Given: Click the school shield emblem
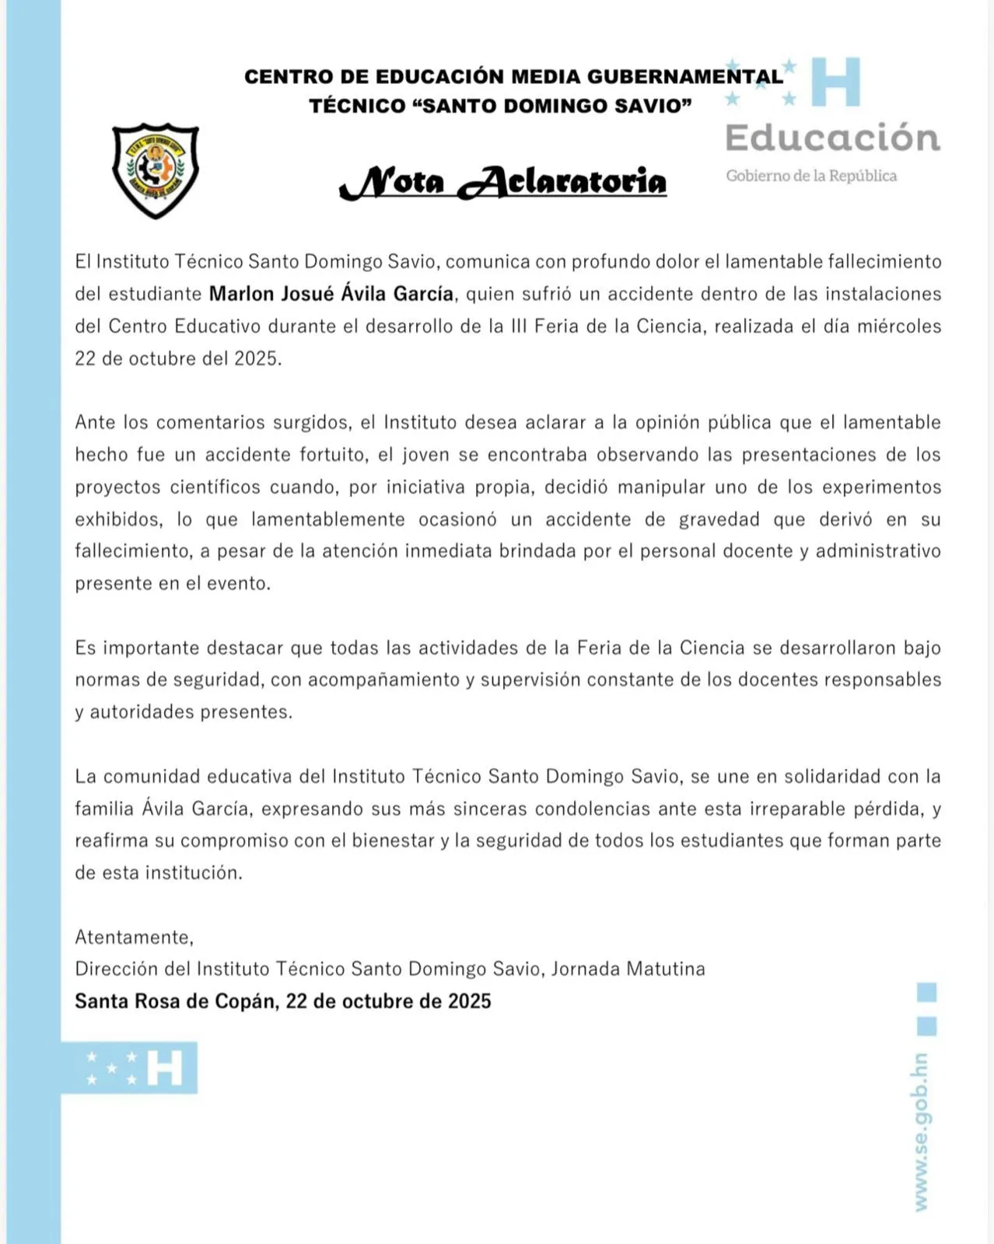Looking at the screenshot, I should (156, 170).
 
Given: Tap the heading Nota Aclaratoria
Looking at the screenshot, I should (503, 182).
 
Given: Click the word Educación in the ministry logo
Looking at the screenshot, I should (832, 138).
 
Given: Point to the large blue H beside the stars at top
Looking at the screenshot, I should (836, 81).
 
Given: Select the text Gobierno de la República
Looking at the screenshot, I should (811, 176).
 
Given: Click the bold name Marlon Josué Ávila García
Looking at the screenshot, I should (331, 294).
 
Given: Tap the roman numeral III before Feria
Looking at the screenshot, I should (519, 326).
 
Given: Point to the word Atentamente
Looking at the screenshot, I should (134, 937).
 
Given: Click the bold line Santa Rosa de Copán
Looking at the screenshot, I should (283, 1001).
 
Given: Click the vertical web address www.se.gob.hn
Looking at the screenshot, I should (921, 1132).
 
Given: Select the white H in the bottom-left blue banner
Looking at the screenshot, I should (164, 1068).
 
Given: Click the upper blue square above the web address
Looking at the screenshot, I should (926, 992).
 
